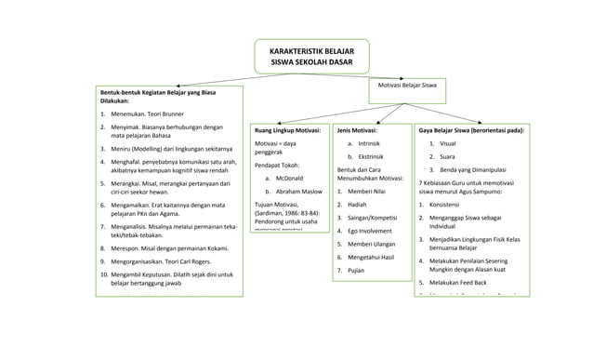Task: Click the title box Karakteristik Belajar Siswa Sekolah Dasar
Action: pos(311,54)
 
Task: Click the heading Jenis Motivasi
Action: pos(357,131)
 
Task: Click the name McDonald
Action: pos(290,178)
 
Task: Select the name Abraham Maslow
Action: pos(297,191)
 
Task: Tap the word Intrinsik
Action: pos(369,144)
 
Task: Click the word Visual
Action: pos(447,144)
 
